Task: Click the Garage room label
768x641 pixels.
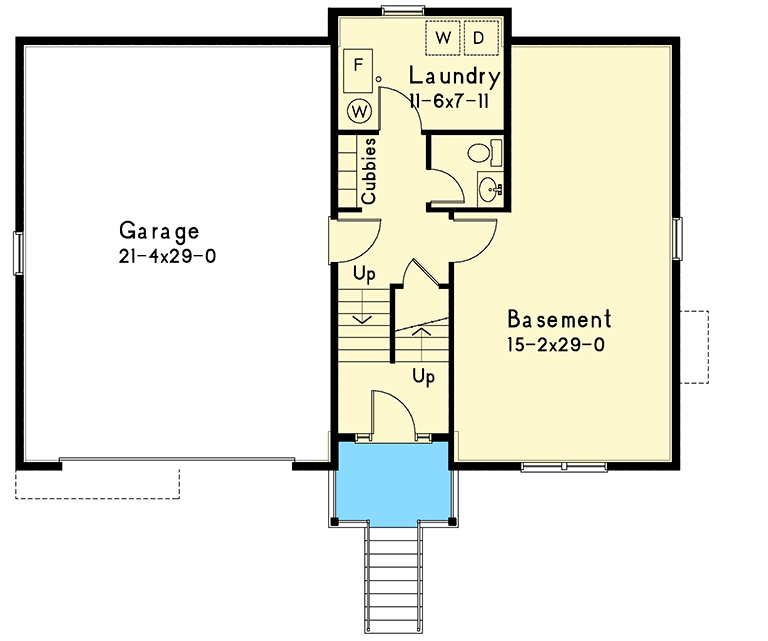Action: (x=158, y=231)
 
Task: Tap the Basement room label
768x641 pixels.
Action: (x=559, y=320)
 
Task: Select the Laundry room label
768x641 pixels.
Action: (x=454, y=76)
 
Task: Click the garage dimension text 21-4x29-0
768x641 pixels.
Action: (x=166, y=256)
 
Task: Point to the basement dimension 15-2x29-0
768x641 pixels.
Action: (x=557, y=345)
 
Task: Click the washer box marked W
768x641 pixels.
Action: (x=443, y=38)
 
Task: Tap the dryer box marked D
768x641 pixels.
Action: (x=479, y=38)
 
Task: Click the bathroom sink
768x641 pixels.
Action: (x=489, y=188)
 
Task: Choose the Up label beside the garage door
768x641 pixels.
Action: (x=362, y=274)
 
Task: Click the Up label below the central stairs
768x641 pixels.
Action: (x=424, y=377)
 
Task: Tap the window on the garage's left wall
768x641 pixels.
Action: (x=17, y=251)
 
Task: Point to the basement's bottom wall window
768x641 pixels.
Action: (x=563, y=466)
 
